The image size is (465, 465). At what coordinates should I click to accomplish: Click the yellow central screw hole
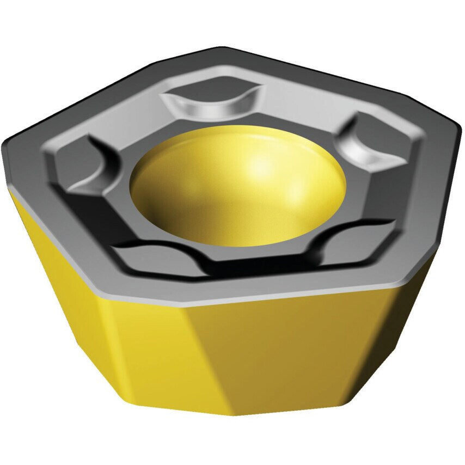click(x=238, y=185)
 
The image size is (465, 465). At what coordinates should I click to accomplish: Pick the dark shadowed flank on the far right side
click(x=414, y=305)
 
